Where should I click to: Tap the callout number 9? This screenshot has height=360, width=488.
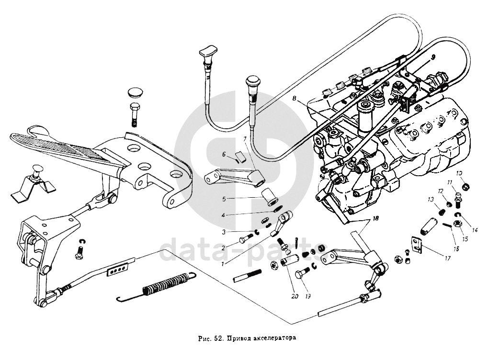(x=433, y=56)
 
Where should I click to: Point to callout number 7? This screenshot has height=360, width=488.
(x=245, y=139)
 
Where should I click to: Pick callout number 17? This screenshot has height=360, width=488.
(x=447, y=258)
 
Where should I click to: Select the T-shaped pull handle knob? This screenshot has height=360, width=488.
(x=209, y=51)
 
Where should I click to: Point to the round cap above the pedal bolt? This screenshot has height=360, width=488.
(x=136, y=93)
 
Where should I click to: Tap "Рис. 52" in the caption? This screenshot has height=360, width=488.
(x=211, y=337)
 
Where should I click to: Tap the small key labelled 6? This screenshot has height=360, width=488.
(x=240, y=155)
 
